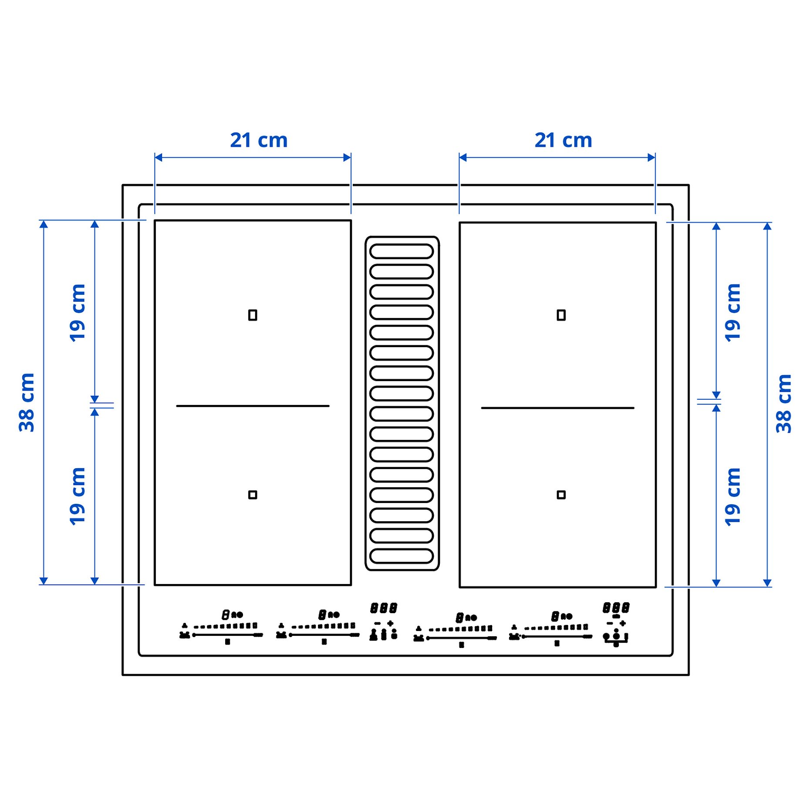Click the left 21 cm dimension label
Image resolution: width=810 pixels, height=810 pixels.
coord(259,140)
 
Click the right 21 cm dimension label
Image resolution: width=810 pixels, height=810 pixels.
coord(563,140)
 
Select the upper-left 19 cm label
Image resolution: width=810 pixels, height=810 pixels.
coord(78,312)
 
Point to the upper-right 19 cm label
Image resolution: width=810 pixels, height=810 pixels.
coord(732,312)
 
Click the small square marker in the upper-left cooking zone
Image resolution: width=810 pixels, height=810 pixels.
coord(253,315)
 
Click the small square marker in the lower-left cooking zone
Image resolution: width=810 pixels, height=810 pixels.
coord(253,495)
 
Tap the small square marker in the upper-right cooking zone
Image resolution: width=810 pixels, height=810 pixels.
coord(561,315)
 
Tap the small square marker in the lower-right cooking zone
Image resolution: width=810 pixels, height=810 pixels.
coord(561,495)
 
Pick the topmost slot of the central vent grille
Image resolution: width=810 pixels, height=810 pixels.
coord(401,251)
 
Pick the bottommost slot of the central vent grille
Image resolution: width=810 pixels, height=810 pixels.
coord(401,556)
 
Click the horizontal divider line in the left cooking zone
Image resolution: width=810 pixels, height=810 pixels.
coord(253,406)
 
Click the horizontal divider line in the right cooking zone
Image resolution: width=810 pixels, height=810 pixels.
coord(557,408)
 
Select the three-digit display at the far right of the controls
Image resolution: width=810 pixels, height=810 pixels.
coord(616,607)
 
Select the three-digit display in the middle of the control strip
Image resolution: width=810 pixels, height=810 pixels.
coord(384,608)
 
